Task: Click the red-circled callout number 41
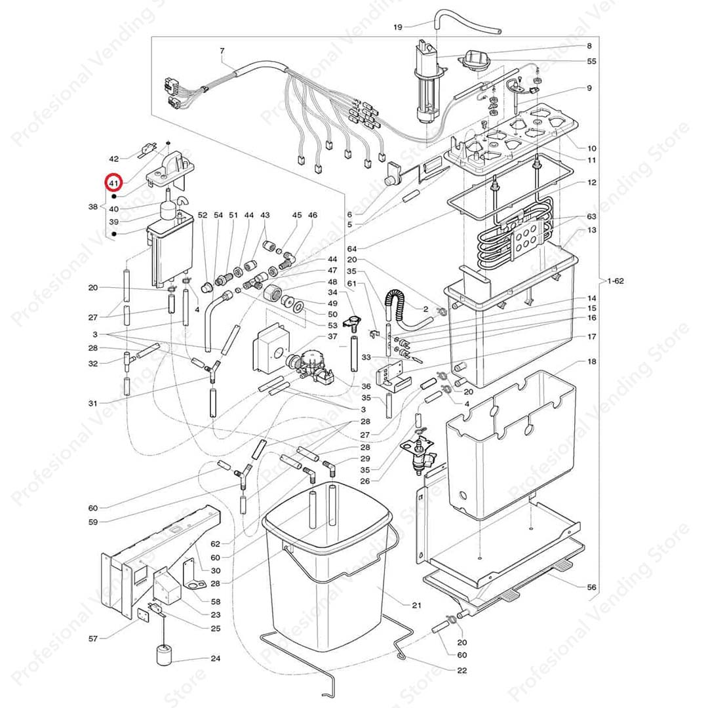(x=113, y=184)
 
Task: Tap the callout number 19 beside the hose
(x=397, y=27)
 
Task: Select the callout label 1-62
(x=616, y=281)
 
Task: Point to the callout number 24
(x=216, y=658)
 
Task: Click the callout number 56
(x=591, y=587)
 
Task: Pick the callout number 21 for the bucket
(x=416, y=605)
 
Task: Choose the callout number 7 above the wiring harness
(x=222, y=51)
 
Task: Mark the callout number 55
(x=591, y=61)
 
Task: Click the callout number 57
(x=93, y=639)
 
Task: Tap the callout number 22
(x=462, y=670)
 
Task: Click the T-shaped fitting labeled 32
(x=128, y=360)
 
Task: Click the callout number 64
(x=352, y=249)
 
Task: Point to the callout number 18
(x=591, y=361)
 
